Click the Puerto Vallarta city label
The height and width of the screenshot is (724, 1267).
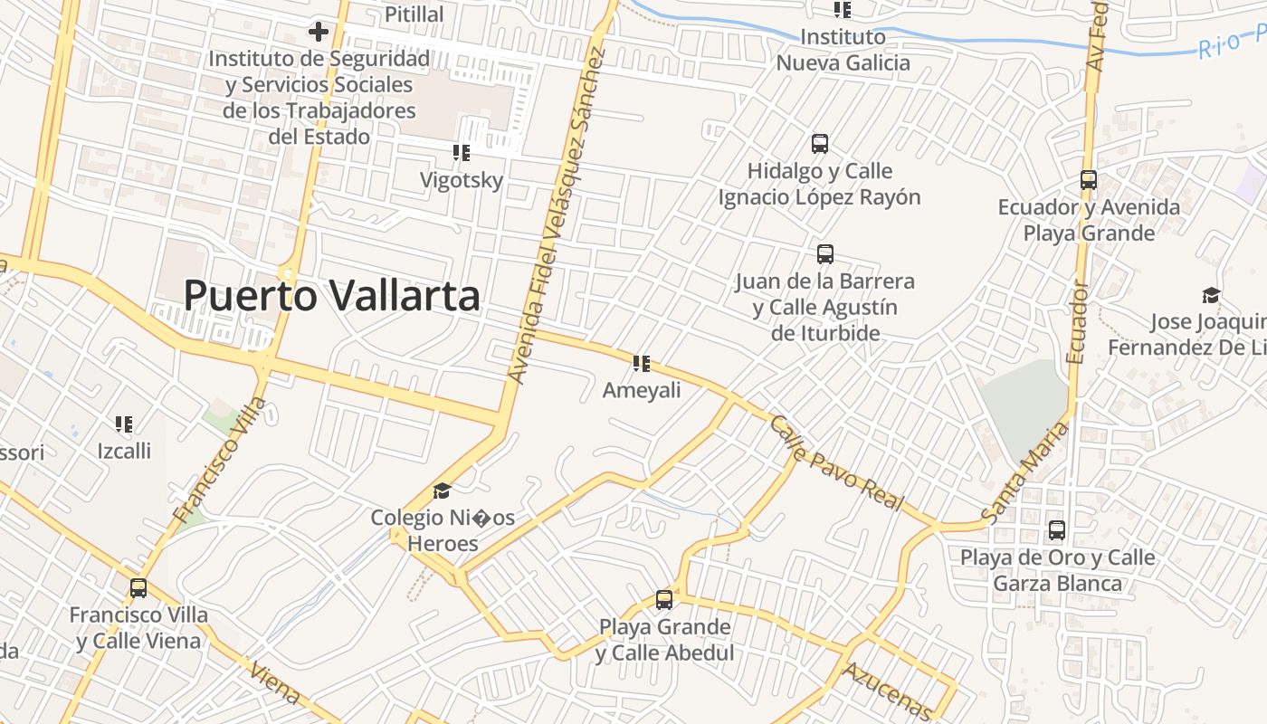pyautogui.click(x=331, y=296)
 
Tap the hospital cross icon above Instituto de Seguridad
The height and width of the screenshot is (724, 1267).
pyautogui.click(x=319, y=32)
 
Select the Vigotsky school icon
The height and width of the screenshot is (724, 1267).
pyautogui.click(x=462, y=153)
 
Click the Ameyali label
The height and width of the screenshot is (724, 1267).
pyautogui.click(x=642, y=390)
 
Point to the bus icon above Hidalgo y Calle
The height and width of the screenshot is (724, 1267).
pyautogui.click(x=820, y=143)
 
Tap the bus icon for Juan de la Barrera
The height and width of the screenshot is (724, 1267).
pyautogui.click(x=825, y=254)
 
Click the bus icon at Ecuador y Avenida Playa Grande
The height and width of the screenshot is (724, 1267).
pyautogui.click(x=1089, y=180)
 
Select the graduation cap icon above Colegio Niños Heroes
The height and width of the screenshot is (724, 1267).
pyautogui.click(x=442, y=491)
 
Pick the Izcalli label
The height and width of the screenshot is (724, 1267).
pyautogui.click(x=124, y=450)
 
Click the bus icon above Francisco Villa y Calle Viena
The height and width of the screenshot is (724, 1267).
pyautogui.click(x=138, y=588)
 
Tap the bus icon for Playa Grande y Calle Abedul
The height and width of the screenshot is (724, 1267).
pyautogui.click(x=664, y=599)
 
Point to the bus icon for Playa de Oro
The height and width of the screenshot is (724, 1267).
pyautogui.click(x=1057, y=530)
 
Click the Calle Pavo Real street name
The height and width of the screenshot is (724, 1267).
pyautogui.click(x=837, y=463)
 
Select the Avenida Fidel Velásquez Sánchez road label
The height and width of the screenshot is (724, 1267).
pyautogui.click(x=556, y=215)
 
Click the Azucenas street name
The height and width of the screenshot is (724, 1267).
pyautogui.click(x=887, y=691)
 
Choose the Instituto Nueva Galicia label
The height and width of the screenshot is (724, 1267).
pyautogui.click(x=843, y=50)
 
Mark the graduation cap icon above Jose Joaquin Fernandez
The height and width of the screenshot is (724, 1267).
pyautogui.click(x=1211, y=295)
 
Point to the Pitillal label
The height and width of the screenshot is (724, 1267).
pyautogui.click(x=414, y=14)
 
